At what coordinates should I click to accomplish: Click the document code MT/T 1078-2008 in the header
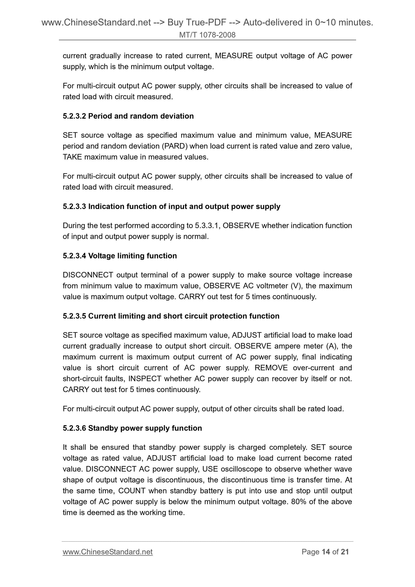[207, 35]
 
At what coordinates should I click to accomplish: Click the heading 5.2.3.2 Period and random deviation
[128, 116]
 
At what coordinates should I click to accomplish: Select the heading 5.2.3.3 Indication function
[171, 206]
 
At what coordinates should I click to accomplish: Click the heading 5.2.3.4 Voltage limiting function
[120, 256]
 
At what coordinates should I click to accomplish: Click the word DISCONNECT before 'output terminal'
[88, 275]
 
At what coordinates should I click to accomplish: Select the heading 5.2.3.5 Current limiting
[171, 316]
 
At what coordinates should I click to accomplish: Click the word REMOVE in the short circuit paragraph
[271, 368]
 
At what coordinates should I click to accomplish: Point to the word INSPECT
[145, 379]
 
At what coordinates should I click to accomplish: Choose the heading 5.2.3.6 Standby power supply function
[132, 428]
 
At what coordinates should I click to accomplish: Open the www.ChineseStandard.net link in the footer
[107, 552]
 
